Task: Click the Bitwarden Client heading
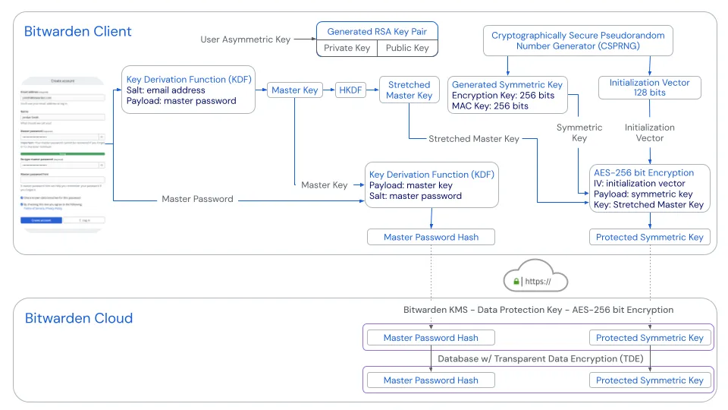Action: [x=78, y=32]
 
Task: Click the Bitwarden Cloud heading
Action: [x=79, y=318]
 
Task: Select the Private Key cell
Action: [x=347, y=48]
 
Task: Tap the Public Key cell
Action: [x=407, y=48]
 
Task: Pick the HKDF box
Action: [x=350, y=90]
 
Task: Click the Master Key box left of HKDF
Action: [x=295, y=90]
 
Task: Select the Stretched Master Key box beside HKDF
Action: [x=409, y=90]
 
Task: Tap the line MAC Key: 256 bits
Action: [x=490, y=106]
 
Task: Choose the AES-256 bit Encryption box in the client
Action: [x=650, y=188]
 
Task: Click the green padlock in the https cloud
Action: [x=516, y=282]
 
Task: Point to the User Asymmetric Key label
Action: [x=245, y=39]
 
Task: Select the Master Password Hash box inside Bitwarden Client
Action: [x=431, y=237]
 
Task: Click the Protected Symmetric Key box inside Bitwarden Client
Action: [x=650, y=237]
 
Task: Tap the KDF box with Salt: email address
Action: [x=187, y=90]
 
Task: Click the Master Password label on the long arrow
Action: [x=197, y=199]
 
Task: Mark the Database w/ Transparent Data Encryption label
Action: [x=538, y=359]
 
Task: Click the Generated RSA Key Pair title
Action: [x=377, y=32]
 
